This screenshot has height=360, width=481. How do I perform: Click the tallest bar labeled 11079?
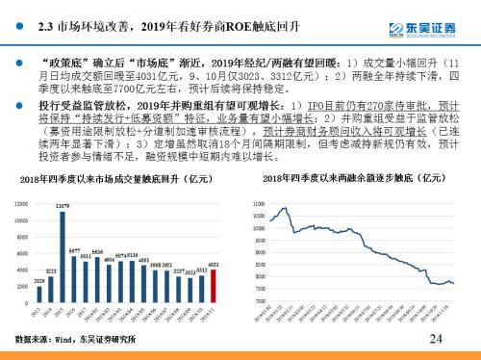point(63,255)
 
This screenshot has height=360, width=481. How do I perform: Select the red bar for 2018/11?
point(215,285)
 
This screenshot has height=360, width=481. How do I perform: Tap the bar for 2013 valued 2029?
point(39,294)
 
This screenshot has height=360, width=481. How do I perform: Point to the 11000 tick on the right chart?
point(258,204)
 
